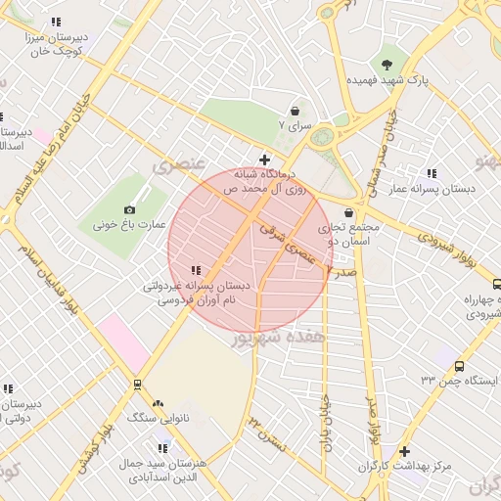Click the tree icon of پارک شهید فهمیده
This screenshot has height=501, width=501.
point(389,63)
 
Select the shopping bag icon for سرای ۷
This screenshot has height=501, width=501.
point(295,112)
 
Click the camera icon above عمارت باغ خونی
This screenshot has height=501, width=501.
point(130,209)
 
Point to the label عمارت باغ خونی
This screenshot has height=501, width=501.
point(118,224)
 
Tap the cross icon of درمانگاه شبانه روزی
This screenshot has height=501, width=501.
point(264,159)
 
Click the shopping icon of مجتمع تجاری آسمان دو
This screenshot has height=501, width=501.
point(349,212)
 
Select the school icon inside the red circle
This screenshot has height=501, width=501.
point(197,270)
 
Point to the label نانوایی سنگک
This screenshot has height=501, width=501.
point(158,417)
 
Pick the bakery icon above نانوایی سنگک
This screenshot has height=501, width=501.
point(158,402)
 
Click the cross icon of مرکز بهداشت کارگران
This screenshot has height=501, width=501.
point(404,452)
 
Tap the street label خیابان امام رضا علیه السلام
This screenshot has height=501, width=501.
point(46,147)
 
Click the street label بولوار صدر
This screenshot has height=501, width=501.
point(371,411)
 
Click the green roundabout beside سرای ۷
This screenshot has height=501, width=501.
point(322,135)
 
